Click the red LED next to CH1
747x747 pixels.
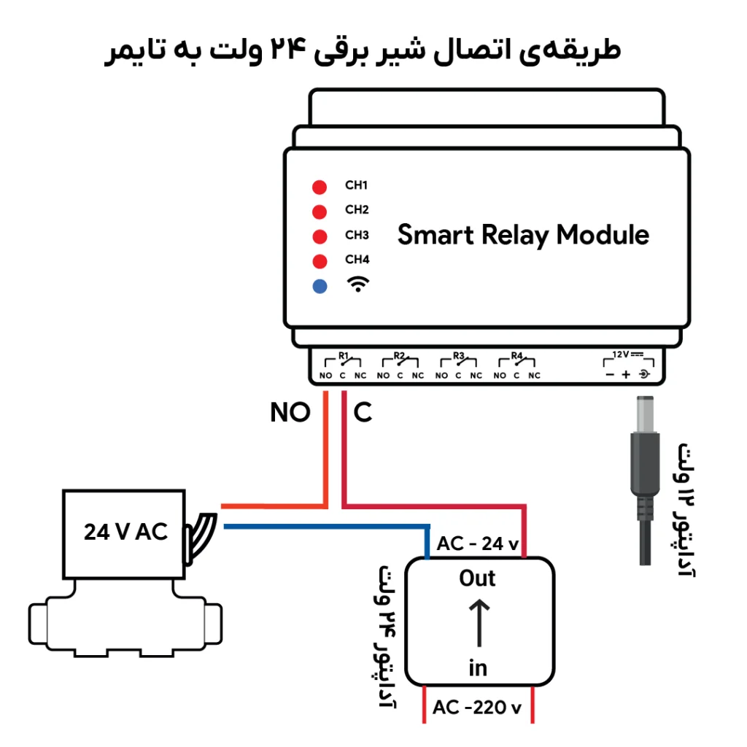point(320,187)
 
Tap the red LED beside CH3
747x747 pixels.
point(320,237)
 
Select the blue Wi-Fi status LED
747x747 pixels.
point(320,286)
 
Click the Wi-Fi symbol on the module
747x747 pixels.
point(357,284)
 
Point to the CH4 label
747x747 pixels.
point(357,259)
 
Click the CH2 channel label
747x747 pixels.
point(357,209)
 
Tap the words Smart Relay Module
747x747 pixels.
point(523,236)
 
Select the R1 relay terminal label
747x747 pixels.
point(344,355)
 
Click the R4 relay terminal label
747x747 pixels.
point(516,355)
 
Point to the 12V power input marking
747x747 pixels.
point(628,355)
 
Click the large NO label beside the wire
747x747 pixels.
point(290,412)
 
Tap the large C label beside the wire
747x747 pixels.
point(363,412)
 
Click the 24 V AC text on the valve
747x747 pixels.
point(125,532)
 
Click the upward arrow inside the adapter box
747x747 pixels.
point(479,623)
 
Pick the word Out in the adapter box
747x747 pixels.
point(477,578)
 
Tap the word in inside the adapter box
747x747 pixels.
point(478,668)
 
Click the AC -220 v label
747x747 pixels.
point(477,708)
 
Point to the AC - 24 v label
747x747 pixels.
point(477,543)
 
